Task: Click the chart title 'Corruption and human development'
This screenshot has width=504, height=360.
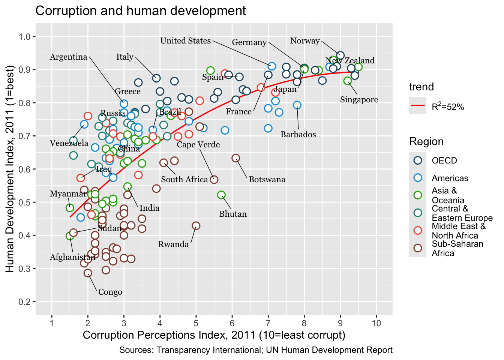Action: (141, 11)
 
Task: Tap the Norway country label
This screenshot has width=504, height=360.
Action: (305, 41)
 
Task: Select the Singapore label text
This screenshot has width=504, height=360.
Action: (359, 100)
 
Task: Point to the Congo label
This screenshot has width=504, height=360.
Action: (110, 292)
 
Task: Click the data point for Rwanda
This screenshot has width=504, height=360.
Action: (196, 226)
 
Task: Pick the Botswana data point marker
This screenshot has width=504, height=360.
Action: (235, 158)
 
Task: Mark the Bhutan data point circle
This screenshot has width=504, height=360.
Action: (221, 195)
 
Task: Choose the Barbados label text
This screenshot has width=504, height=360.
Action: (298, 135)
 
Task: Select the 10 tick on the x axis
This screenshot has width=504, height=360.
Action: (376, 323)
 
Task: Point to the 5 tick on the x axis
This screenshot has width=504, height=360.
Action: (196, 323)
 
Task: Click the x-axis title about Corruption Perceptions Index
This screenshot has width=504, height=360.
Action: (214, 335)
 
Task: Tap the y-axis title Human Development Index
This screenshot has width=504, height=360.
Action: (10, 169)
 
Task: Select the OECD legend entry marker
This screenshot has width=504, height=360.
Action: (418, 160)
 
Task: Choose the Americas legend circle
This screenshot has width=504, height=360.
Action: (418, 178)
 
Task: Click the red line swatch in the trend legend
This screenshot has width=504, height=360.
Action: (418, 106)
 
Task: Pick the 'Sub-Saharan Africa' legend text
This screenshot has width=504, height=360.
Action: (457, 249)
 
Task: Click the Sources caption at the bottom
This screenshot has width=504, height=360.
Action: (256, 350)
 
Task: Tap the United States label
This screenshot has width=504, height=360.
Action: (185, 41)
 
